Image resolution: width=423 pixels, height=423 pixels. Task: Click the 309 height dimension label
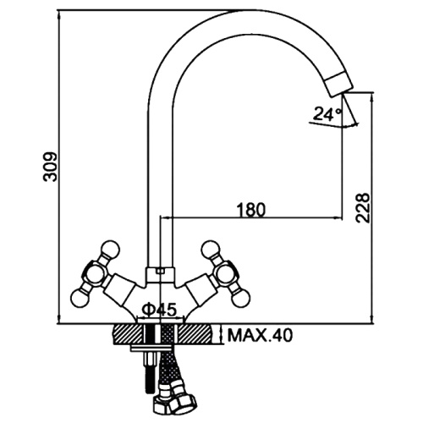[51, 168]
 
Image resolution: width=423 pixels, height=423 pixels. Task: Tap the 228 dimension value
[363, 208]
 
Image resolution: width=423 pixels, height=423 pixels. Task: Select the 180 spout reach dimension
[251, 210]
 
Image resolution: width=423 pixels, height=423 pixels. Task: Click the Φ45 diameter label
[159, 310]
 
